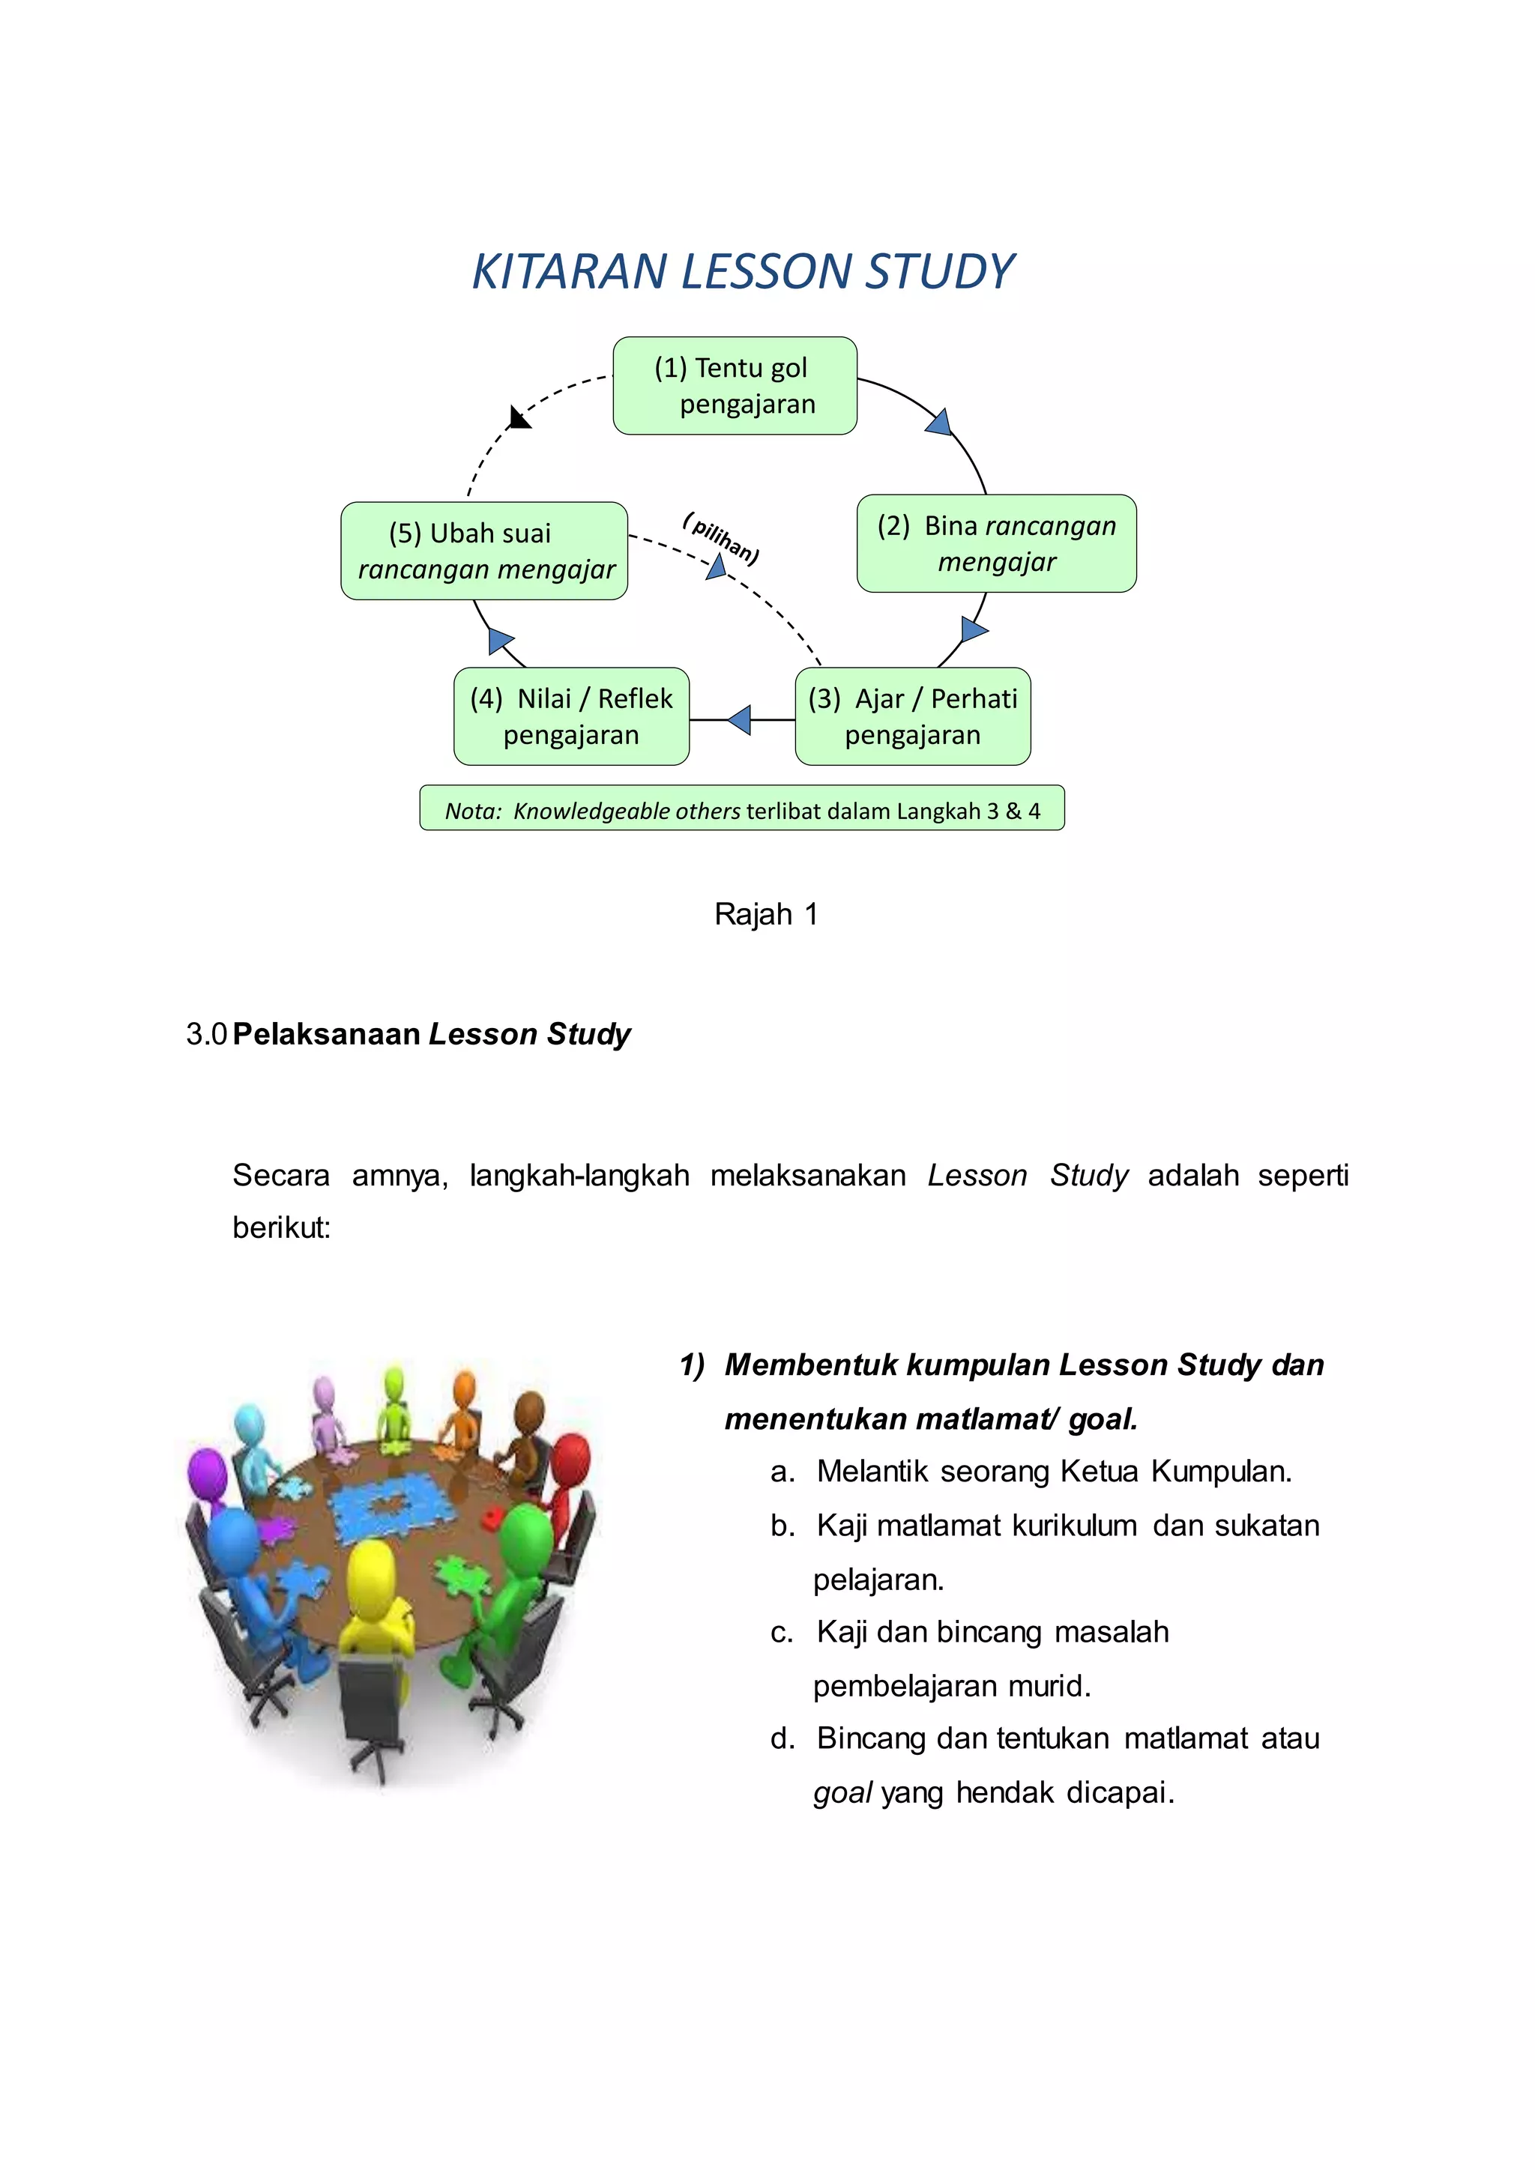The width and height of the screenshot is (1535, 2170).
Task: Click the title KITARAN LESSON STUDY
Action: (x=743, y=272)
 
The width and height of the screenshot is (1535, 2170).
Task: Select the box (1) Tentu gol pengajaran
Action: (x=735, y=386)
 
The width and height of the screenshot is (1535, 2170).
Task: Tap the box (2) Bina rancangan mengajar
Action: (x=996, y=543)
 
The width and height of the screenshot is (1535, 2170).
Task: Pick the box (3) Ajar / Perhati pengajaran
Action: (x=912, y=716)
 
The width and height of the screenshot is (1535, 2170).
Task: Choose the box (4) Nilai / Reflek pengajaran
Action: (x=571, y=716)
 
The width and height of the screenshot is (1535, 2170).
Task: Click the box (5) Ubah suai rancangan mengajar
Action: (x=484, y=551)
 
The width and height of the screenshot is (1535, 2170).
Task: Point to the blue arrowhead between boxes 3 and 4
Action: (x=740, y=720)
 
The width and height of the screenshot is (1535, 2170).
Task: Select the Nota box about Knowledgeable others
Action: (x=742, y=809)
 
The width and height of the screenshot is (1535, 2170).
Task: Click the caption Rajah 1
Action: (x=765, y=914)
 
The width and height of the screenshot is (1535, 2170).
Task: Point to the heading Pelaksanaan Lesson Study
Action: (x=431, y=1034)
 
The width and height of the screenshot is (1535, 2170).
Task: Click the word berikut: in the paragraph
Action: (x=282, y=1227)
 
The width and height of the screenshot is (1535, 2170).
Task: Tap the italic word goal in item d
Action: (x=842, y=1793)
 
